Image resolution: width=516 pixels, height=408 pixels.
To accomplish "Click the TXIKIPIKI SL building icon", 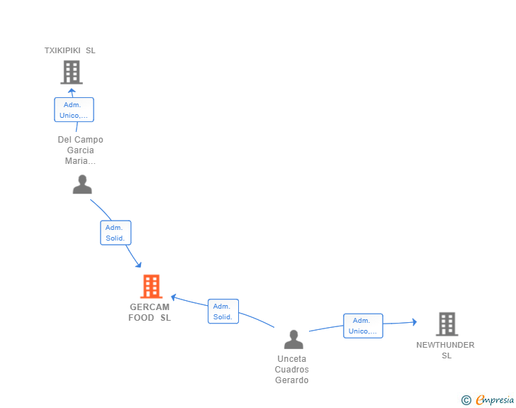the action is (72, 72).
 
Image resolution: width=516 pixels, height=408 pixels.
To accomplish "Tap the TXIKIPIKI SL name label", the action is (69, 50).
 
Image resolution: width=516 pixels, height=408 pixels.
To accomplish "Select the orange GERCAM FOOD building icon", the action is (152, 287).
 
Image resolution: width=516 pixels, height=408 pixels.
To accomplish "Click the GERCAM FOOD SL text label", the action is (150, 312).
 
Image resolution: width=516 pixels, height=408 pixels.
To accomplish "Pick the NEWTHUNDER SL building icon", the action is (447, 324).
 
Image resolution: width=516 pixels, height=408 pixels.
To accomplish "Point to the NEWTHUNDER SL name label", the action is (445, 350).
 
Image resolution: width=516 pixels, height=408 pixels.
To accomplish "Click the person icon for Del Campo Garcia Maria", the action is (82, 184).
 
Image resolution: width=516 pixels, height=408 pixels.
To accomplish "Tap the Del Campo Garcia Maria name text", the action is (81, 150).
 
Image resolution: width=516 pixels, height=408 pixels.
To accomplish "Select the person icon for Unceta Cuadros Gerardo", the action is (293, 339).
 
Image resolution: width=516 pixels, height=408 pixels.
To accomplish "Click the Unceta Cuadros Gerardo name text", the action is (292, 370).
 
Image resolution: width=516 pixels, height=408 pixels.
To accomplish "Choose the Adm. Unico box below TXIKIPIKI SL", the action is (74, 110).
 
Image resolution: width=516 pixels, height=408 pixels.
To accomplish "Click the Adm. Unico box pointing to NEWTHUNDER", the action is (363, 326).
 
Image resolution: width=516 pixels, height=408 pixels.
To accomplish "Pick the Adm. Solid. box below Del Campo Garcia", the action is (116, 233).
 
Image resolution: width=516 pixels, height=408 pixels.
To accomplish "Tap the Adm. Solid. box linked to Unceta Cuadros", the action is (223, 311).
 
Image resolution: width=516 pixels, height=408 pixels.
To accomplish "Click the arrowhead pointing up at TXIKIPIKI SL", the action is (72, 91).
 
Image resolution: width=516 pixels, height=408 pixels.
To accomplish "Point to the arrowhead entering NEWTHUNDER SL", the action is (415, 322).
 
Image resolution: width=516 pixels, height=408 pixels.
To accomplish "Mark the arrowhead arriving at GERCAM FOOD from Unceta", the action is (174, 297).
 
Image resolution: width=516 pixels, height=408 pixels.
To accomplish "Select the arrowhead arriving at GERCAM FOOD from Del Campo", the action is (138, 264).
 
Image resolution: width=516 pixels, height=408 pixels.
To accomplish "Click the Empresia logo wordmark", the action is (495, 400).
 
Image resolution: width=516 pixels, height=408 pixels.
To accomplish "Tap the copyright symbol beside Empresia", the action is (466, 400).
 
